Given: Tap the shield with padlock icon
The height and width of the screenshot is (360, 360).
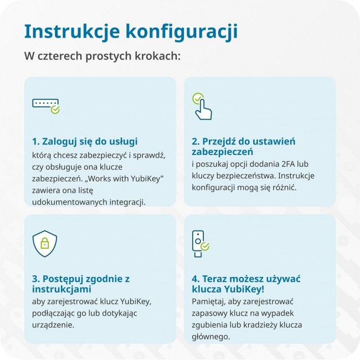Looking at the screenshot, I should [44, 243].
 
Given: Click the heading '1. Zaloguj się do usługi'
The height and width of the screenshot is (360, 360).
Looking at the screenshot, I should [85, 141].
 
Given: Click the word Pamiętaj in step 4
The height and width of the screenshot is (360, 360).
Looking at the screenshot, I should [209, 301].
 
